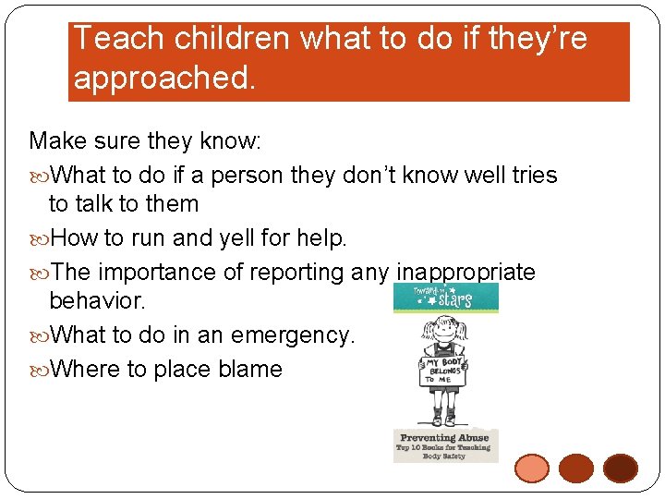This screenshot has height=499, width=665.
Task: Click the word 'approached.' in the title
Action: pyautogui.click(x=163, y=78)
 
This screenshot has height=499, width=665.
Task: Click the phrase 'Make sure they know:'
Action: pyautogui.click(x=146, y=141)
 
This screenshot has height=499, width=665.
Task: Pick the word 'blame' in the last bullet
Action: pyautogui.click(x=250, y=369)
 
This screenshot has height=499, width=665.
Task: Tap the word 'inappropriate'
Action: pyautogui.click(x=465, y=272)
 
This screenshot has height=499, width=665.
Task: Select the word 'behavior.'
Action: pyautogui.click(x=97, y=301)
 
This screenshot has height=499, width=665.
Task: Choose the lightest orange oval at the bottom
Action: pyautogui.click(x=531, y=469)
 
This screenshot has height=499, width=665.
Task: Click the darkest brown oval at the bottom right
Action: pyautogui.click(x=621, y=469)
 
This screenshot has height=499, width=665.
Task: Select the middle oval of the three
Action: pyautogui.click(x=576, y=469)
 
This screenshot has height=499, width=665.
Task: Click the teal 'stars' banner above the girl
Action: pyautogui.click(x=446, y=298)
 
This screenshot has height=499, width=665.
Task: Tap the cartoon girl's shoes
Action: pyautogui.click(x=446, y=420)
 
